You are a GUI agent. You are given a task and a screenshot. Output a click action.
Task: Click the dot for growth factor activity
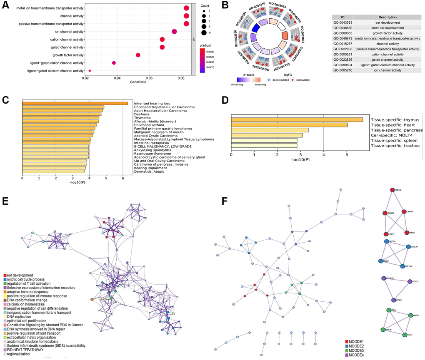pyautogui.click(x=138, y=55)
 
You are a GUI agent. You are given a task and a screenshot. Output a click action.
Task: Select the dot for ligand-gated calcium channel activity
pyautogui.click(x=90, y=71)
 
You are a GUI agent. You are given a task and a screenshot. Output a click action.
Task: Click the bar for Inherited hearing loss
pyautogui.click(x=75, y=103)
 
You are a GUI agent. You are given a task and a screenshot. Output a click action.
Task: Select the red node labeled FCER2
pyautogui.click(x=392, y=190)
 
